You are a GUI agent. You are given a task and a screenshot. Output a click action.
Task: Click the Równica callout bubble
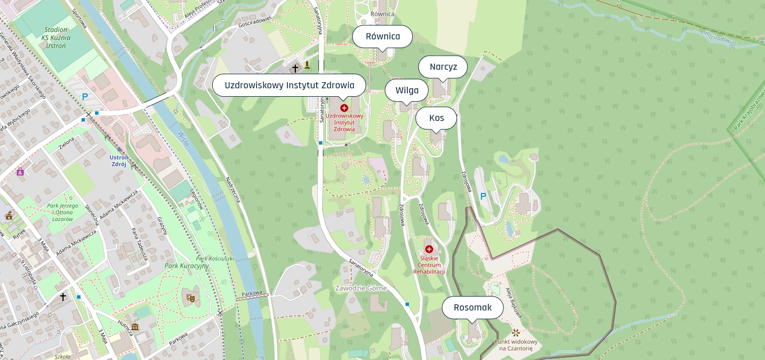[x=382, y=37]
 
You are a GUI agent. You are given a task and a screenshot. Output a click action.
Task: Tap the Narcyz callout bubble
[x=443, y=67]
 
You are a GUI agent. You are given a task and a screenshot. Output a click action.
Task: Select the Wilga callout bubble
[x=407, y=90]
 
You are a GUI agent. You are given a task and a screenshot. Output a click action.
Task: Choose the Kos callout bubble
[x=436, y=118]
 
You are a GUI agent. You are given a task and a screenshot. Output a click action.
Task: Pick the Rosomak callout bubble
[x=472, y=308]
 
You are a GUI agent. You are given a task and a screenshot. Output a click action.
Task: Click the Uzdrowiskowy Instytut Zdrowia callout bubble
[x=289, y=85]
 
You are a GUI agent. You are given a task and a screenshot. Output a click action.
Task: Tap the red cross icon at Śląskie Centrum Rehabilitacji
[x=429, y=249]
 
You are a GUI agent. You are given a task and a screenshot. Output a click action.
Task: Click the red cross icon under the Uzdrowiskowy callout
[x=344, y=107]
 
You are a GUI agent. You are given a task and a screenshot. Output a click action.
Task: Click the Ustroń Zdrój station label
[x=119, y=161]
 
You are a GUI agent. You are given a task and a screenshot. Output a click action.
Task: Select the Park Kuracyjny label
[x=187, y=265]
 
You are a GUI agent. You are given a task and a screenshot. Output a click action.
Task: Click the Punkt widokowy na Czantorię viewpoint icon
[x=516, y=332]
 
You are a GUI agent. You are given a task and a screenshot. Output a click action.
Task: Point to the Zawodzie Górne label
[x=361, y=289]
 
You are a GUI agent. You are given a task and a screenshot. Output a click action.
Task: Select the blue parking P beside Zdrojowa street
[x=482, y=196]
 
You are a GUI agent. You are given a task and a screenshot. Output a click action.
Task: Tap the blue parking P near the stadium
[x=85, y=97]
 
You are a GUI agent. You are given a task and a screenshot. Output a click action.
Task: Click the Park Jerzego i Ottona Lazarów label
[x=63, y=213]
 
